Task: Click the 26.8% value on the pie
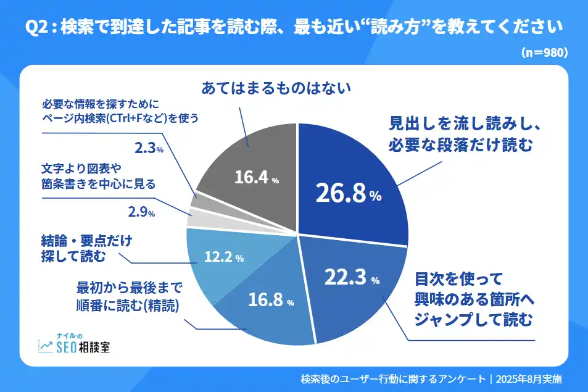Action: coord(348,194)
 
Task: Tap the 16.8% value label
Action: coord(271,301)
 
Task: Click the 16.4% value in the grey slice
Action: coord(257,178)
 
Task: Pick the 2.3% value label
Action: coord(149,149)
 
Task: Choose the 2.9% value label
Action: coord(141,213)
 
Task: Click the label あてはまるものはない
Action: coord(276,89)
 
